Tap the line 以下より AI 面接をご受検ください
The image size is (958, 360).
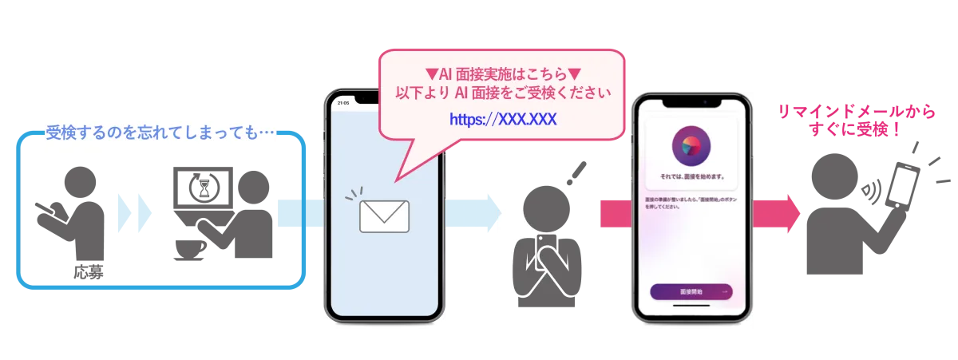tap(503, 93)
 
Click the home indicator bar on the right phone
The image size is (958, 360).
tap(691, 314)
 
